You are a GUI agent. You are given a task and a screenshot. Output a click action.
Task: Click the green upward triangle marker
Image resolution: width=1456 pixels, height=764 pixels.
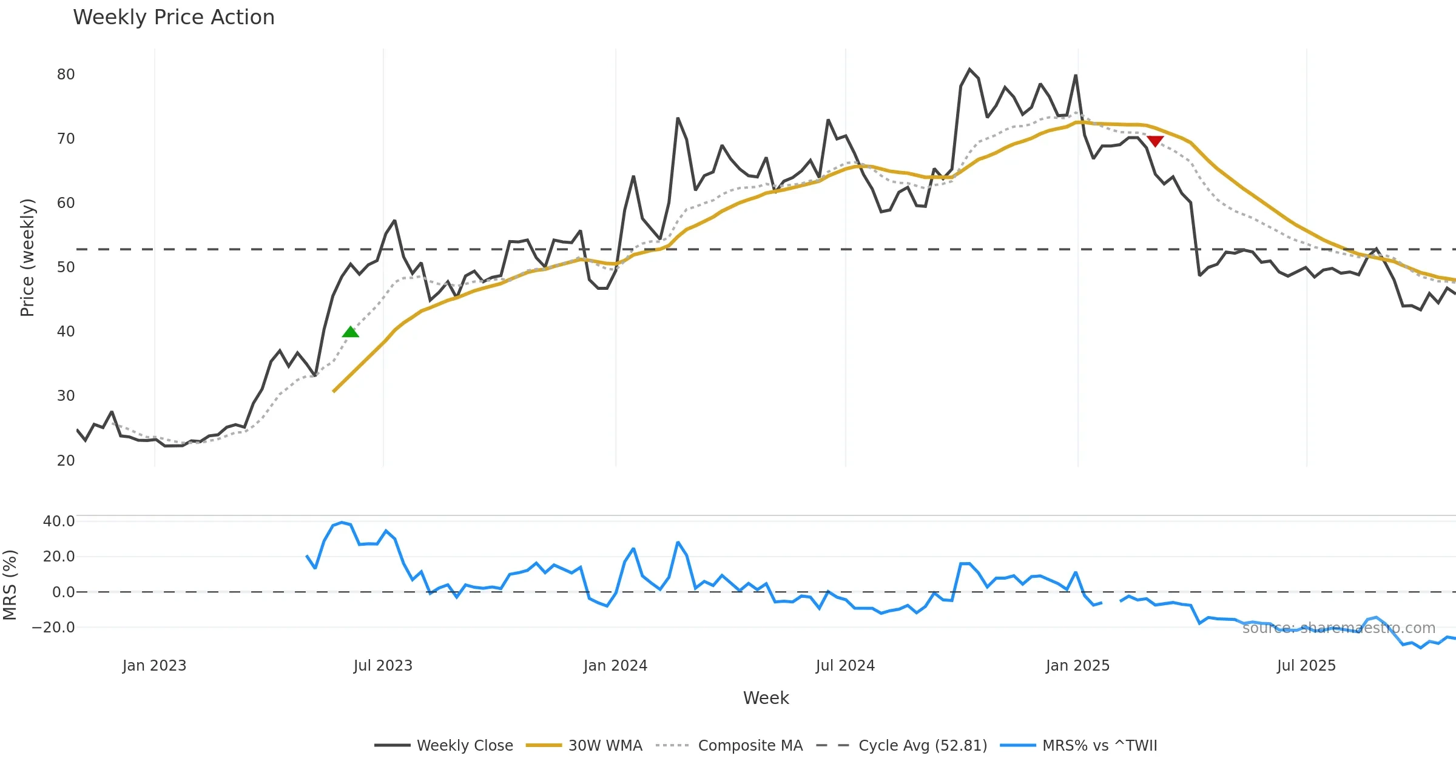(351, 332)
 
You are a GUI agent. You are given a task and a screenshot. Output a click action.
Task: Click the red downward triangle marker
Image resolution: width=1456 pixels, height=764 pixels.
(1155, 141)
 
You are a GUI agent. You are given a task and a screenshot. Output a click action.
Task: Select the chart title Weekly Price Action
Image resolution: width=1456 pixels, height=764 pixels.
(174, 18)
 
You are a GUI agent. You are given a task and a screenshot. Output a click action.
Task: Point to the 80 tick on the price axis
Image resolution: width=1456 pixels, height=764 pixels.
(66, 75)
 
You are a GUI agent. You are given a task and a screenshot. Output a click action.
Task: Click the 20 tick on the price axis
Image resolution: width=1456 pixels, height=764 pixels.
(66, 461)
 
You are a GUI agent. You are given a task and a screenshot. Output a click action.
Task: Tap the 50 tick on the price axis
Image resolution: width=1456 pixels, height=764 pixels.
(66, 267)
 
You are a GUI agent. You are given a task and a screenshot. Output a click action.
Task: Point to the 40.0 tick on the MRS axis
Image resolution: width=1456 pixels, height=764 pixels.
(59, 521)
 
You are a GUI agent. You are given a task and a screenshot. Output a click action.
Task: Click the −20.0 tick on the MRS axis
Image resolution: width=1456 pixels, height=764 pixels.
(53, 628)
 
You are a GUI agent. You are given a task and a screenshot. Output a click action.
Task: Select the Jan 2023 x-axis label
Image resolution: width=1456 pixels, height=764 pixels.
(154, 666)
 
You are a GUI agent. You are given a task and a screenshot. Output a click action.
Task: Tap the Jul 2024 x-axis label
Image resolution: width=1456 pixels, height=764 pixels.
(845, 666)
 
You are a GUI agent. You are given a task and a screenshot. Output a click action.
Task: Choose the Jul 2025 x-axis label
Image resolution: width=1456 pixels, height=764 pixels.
(1306, 666)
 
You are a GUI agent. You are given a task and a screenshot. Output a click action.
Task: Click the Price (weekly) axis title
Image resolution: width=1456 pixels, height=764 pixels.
(28, 258)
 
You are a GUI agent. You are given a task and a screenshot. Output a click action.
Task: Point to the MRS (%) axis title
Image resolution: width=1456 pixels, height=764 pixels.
(10, 585)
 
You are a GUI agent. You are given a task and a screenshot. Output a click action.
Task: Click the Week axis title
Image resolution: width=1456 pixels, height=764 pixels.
(766, 699)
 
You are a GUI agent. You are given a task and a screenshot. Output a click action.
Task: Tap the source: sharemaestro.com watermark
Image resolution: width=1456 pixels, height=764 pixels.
(1338, 628)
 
